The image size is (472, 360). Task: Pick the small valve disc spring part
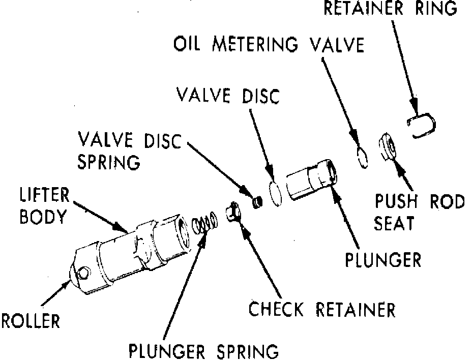click(x=257, y=202)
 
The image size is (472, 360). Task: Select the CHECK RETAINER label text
click(x=322, y=309)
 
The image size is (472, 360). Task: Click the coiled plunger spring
click(x=205, y=223)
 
